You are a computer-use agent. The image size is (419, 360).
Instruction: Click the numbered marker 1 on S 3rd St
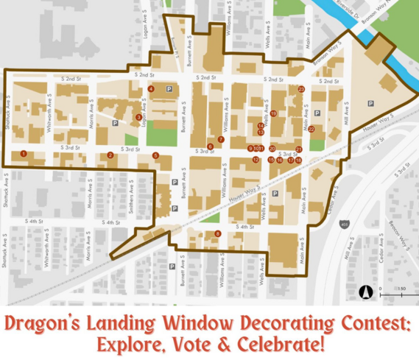tap(24, 154)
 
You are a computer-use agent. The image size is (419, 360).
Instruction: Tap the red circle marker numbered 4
tap(150, 89)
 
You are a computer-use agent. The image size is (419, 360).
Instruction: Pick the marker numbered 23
tap(301, 89)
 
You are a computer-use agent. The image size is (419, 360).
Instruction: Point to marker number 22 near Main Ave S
tap(311, 129)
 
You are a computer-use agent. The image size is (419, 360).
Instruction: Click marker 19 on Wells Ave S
tap(273, 113)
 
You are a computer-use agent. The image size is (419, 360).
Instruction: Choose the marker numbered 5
tap(155, 155)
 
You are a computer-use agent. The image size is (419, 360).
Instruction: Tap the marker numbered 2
tap(110, 155)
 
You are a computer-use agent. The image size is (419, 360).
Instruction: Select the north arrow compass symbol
tap(365, 292)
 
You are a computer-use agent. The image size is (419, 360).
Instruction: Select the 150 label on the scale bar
tap(402, 289)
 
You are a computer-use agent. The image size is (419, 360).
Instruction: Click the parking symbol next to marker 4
tap(169, 89)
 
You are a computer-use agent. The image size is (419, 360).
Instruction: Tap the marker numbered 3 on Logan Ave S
tap(138, 117)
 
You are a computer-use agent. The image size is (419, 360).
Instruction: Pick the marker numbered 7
tap(220, 139)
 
